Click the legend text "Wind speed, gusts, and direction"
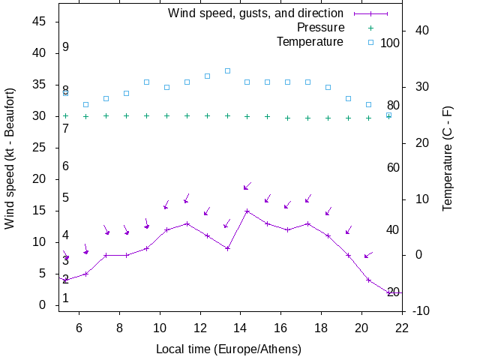coord(256,13)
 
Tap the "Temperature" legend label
coord(310,42)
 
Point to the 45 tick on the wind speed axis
coord(40,22)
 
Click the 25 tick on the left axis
coord(40,148)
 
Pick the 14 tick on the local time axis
coord(240,327)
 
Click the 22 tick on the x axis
coord(401,327)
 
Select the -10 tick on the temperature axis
coord(421,311)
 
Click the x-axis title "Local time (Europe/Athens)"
coord(228,349)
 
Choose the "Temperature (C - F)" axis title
coord(448,157)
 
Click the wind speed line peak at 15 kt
coord(247,211)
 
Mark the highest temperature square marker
coord(227,71)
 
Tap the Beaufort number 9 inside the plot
coord(66,47)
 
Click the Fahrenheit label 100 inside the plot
coord(390,43)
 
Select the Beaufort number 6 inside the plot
coord(66,166)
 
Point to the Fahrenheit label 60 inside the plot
coord(393,167)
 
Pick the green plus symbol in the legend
coord(370,28)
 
